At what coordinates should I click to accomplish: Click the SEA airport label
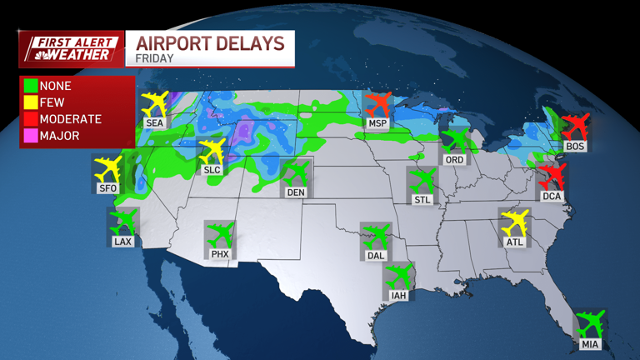[154, 122]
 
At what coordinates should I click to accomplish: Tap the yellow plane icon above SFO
[107, 169]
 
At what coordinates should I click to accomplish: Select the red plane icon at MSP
[378, 105]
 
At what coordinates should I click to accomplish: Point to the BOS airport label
[575, 146]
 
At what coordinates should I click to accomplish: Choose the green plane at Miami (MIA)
[590, 322]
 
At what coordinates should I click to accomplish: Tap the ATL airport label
[515, 242]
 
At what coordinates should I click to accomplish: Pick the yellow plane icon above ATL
[515, 222]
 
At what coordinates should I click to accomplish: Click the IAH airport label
[399, 295]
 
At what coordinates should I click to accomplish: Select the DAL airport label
[376, 256]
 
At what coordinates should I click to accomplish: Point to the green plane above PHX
[220, 233]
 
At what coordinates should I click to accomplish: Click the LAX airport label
[122, 242]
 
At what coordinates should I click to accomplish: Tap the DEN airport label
[296, 192]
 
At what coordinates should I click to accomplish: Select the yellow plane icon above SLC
[212, 151]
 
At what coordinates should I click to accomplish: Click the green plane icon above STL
[422, 180]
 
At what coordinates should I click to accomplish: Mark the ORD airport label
[454, 159]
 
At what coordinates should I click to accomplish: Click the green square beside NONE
[31, 86]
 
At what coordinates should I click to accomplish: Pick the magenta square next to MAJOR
[31, 136]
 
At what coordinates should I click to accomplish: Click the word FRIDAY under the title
[154, 59]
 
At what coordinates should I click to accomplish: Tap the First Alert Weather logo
[71, 48]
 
